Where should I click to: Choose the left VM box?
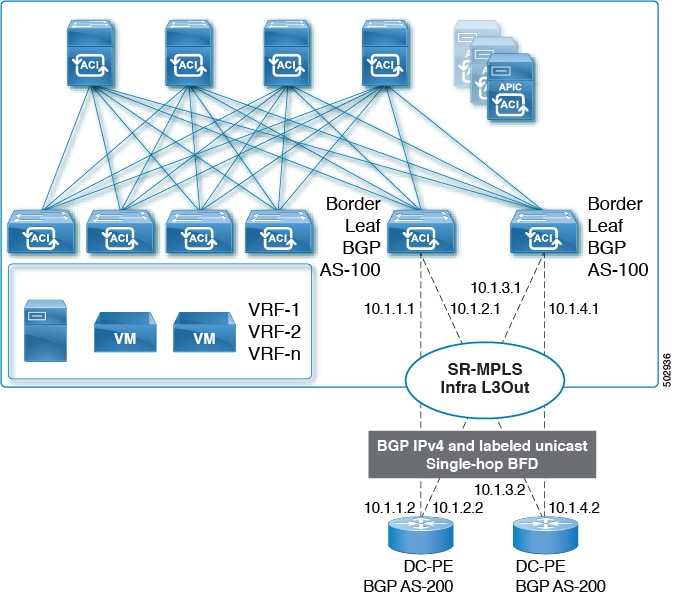pos(125,333)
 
